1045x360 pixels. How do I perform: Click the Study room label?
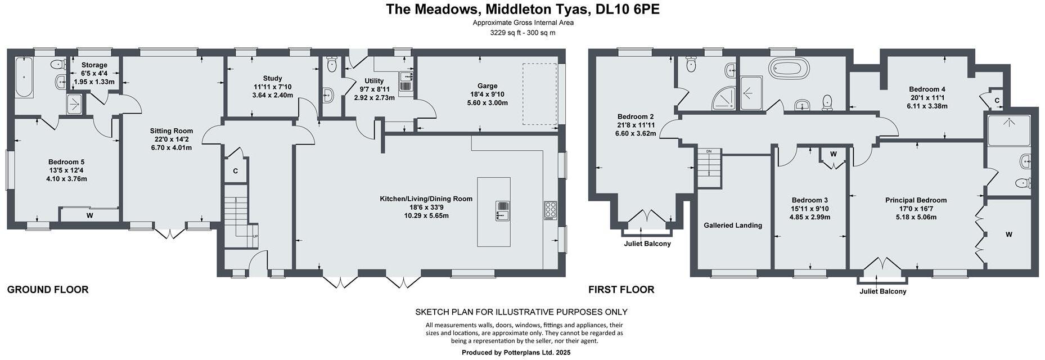click(x=272, y=78)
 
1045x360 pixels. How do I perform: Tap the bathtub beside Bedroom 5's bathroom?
click(x=24, y=77)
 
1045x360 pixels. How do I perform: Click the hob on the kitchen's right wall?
click(x=550, y=210)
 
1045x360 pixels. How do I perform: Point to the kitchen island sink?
click(x=502, y=210)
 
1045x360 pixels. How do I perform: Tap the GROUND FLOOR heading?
click(x=48, y=290)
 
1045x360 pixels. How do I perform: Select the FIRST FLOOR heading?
click(x=621, y=290)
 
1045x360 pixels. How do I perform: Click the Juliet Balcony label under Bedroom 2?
click(x=647, y=244)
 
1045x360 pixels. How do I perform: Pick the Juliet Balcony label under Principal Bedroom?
click(x=882, y=291)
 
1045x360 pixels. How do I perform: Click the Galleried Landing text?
click(x=733, y=225)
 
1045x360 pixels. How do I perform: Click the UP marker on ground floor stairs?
click(x=255, y=236)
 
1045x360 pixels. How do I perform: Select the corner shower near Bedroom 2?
click(x=724, y=99)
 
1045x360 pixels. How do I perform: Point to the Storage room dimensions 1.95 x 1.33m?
click(x=94, y=82)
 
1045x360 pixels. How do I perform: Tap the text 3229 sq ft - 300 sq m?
click(x=522, y=33)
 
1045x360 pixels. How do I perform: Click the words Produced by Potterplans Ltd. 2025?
click(x=516, y=353)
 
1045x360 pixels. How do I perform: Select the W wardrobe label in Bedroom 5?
click(x=89, y=215)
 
